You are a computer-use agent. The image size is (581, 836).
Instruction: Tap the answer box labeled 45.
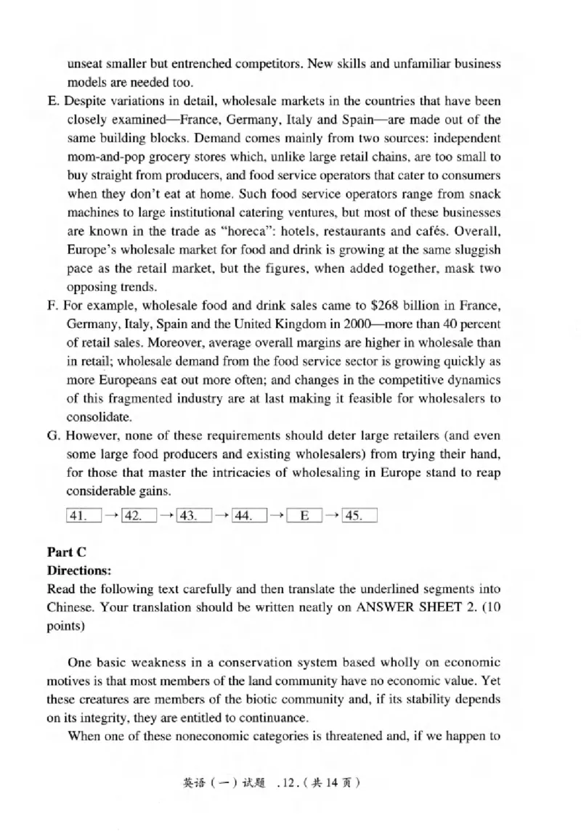coord(359,516)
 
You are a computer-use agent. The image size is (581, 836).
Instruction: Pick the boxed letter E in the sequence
coord(305,516)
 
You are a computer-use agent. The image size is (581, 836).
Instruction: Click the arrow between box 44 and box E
coord(276,516)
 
